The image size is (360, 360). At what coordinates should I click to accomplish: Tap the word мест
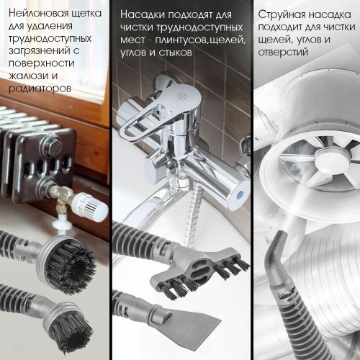[x=133, y=40]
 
